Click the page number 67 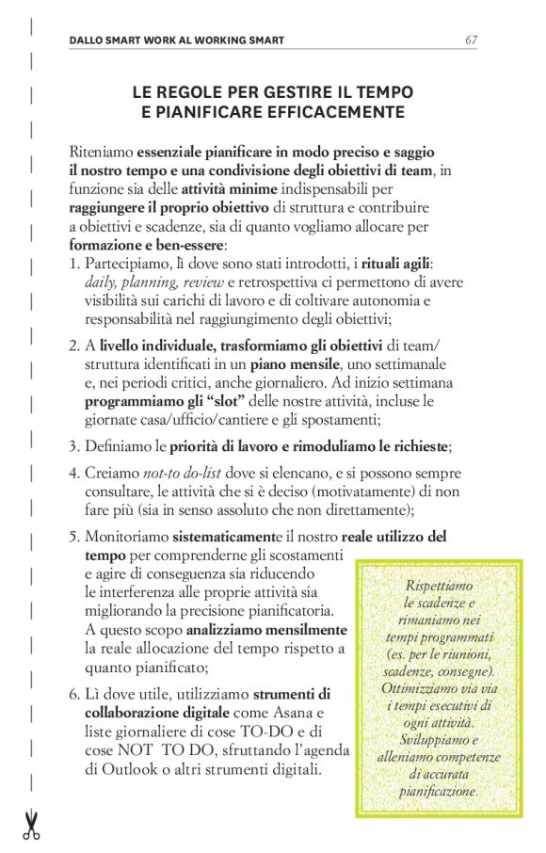pos(472,40)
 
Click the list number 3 pos(74,445)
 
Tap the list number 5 pos(74,537)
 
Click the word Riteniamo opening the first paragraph pos(101,151)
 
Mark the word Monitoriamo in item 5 pos(125,537)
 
